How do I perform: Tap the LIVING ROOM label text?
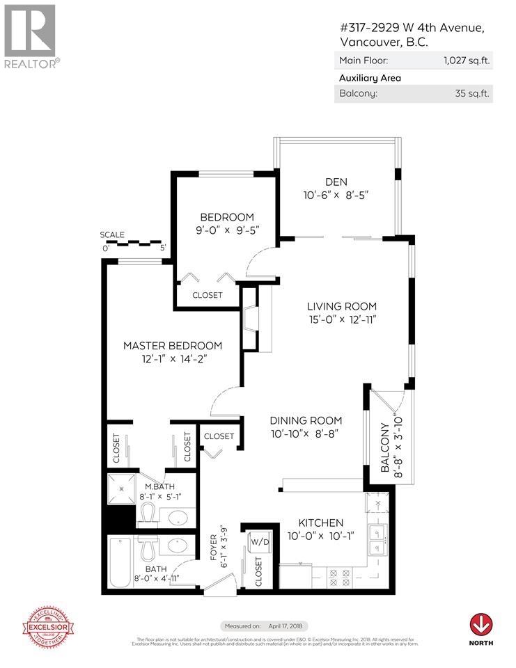point(342,306)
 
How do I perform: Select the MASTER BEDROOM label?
point(173,346)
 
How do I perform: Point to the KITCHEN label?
point(321,523)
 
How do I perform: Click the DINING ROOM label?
point(306,420)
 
